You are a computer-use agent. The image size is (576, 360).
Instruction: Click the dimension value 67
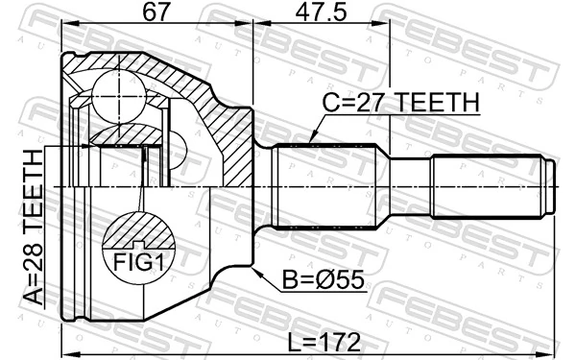tap(156, 14)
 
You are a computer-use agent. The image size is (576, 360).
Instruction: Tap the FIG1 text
tap(140, 262)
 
